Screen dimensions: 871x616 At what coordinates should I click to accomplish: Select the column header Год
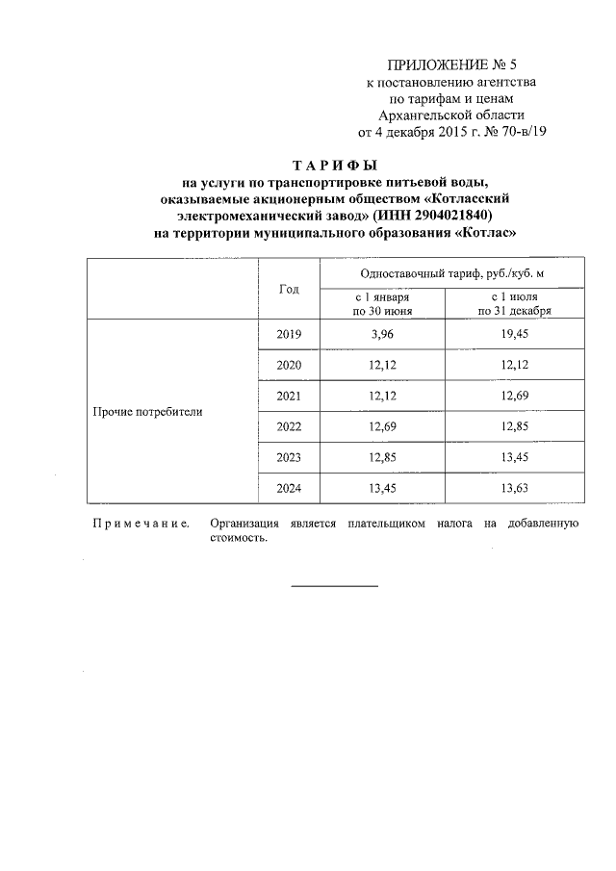pyautogui.click(x=289, y=289)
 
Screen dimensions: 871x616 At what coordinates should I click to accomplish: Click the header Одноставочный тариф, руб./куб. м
pyautogui.click(x=452, y=273)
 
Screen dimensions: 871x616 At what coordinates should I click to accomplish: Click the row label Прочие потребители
pyautogui.click(x=148, y=411)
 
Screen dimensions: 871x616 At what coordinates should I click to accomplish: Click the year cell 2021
pyautogui.click(x=289, y=396)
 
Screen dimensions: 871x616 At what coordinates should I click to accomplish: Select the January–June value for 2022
pyautogui.click(x=383, y=426)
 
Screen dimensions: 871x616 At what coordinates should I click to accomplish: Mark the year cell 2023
pyautogui.click(x=289, y=457)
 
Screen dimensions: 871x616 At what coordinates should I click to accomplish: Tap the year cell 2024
pyautogui.click(x=289, y=488)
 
